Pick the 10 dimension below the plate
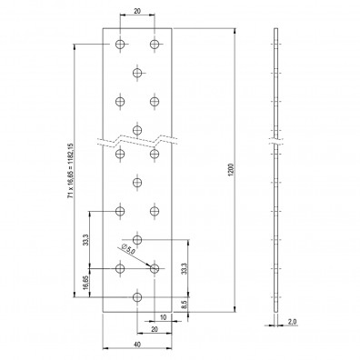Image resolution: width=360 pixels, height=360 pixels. (x=163, y=318)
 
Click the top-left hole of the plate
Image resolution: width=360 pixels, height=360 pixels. (x=120, y=44)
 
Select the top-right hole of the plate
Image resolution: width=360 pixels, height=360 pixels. (x=155, y=44)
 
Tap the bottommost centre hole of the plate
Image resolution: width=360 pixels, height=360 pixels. (x=137, y=296)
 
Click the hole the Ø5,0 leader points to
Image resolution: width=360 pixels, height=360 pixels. (x=154, y=268)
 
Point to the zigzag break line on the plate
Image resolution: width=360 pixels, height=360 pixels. (x=137, y=142)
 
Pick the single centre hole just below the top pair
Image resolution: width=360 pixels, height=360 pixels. (x=137, y=72)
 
